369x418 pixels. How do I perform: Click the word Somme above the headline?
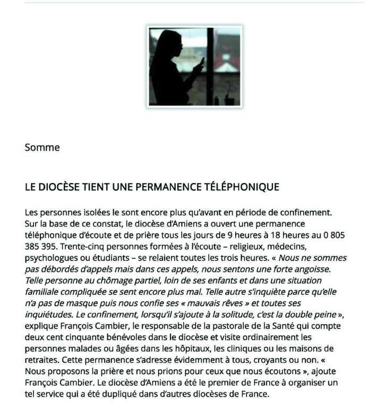(42, 147)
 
